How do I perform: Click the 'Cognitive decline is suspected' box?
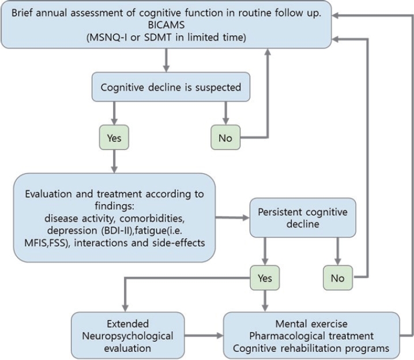tap(171, 88)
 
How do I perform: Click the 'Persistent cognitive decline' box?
tap(299, 217)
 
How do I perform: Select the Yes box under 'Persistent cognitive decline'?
tap(265, 278)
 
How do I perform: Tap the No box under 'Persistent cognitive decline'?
tap(338, 278)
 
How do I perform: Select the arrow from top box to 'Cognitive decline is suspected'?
tap(167, 59)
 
